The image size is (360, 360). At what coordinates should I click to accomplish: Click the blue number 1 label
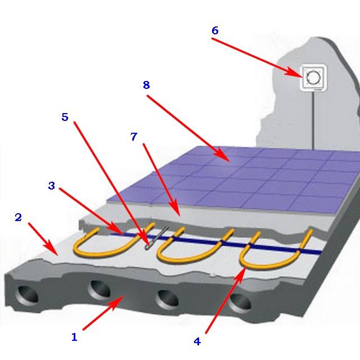point(74,337)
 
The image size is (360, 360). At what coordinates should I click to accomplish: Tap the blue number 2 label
point(18,217)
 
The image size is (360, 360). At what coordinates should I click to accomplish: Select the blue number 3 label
point(52,186)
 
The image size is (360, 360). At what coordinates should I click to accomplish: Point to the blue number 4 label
point(197,341)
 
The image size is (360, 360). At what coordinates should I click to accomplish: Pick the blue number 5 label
point(65,117)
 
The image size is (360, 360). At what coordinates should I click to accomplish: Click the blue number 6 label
point(215,30)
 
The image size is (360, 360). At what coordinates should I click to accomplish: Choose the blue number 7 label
point(134,136)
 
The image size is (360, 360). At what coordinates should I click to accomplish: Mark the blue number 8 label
point(146,85)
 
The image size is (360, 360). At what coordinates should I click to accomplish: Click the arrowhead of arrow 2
point(52,248)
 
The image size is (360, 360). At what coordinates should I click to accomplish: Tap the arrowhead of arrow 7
point(175,209)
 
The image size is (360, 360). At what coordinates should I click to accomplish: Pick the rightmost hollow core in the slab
point(240,304)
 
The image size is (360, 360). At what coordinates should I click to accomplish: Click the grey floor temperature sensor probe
point(157,238)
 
